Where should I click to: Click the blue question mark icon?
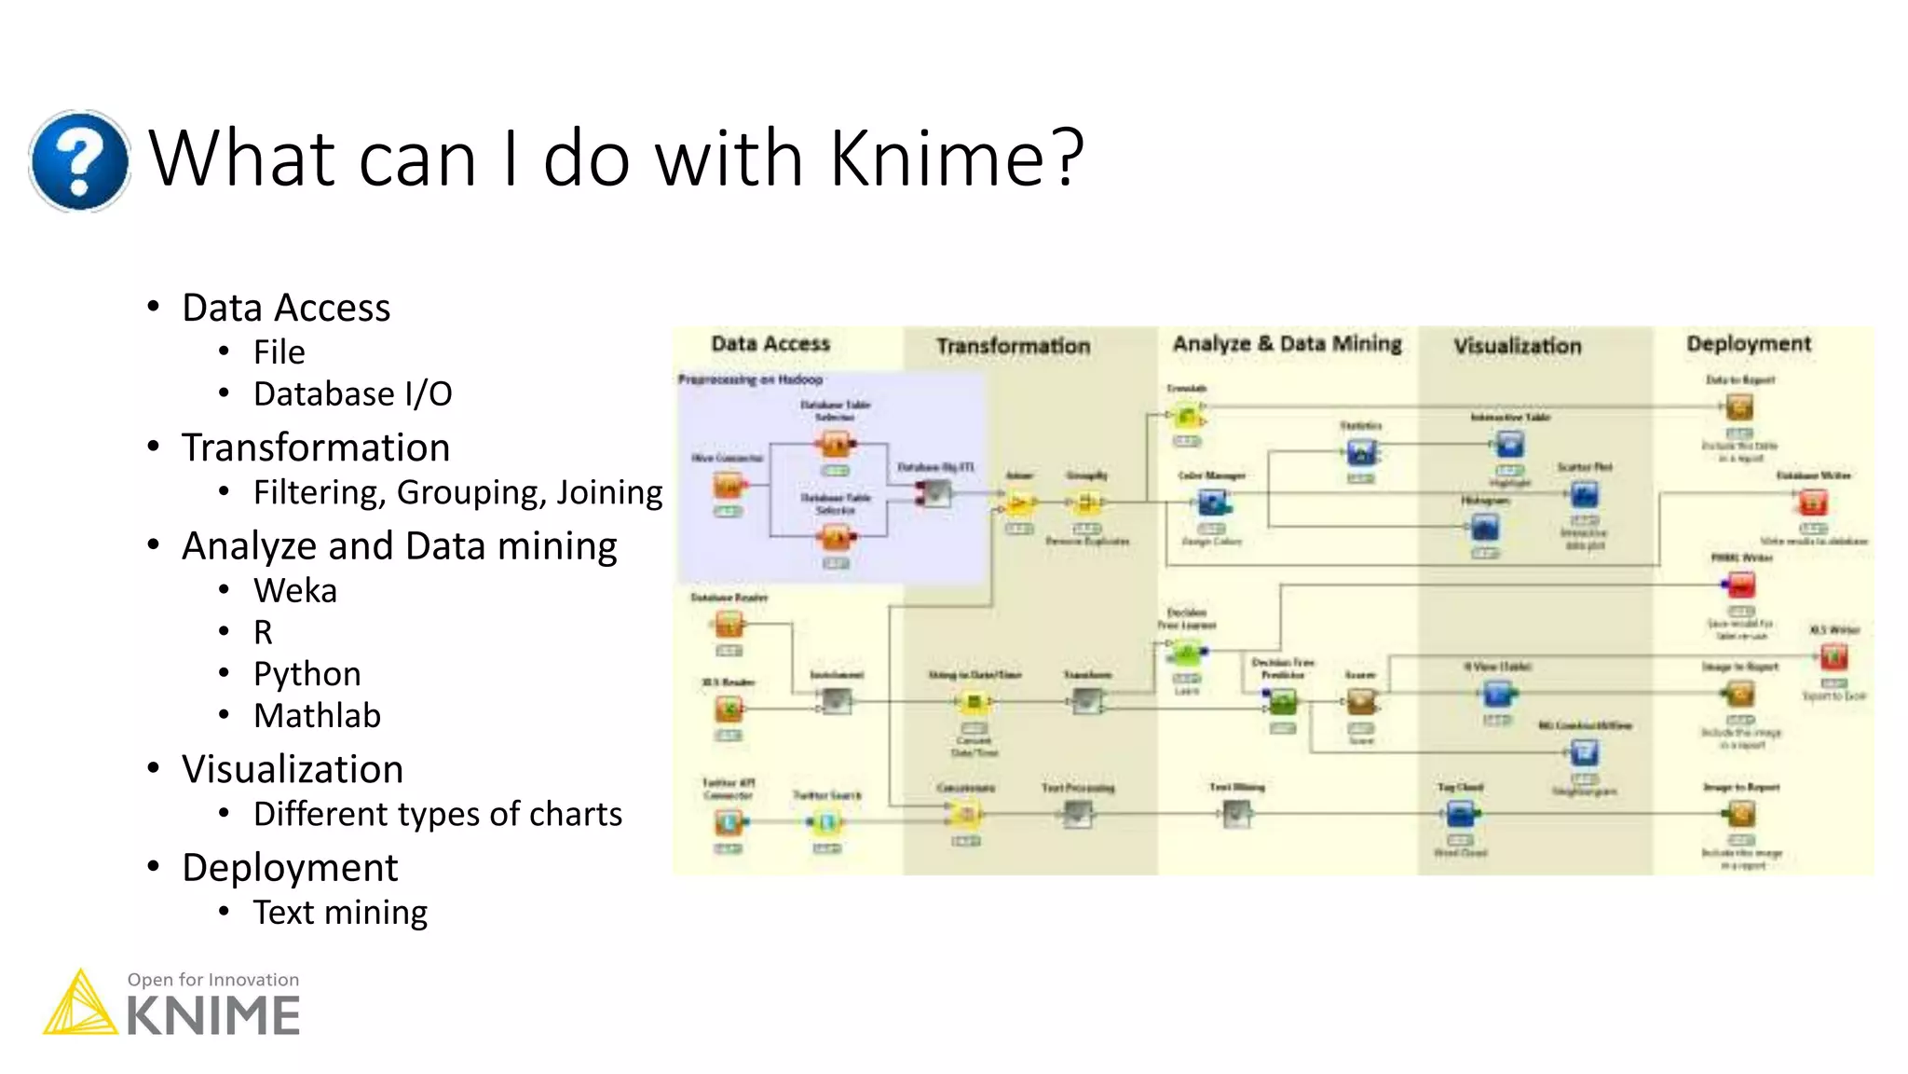pyautogui.click(x=79, y=160)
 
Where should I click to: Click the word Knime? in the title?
pyautogui.click(x=957, y=158)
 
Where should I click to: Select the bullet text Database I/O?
pyautogui.click(x=352, y=394)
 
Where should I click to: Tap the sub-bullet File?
pyautogui.click(x=279, y=352)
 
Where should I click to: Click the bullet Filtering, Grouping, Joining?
pyautogui.click(x=457, y=492)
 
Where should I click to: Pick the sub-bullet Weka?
pyautogui.click(x=294, y=591)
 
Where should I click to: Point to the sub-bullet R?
pyautogui.click(x=263, y=633)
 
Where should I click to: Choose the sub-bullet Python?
pyautogui.click(x=307, y=674)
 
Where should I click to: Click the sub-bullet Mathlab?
pyautogui.click(x=317, y=716)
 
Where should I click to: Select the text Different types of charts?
pyautogui.click(x=437, y=815)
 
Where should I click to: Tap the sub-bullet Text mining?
pyautogui.click(x=340, y=913)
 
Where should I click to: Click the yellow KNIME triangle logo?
pyautogui.click(x=80, y=1005)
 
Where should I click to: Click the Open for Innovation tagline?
pyautogui.click(x=213, y=980)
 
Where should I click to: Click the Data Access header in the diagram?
pyautogui.click(x=770, y=344)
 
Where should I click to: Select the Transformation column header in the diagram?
pyautogui.click(x=1013, y=346)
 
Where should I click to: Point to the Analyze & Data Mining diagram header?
pyautogui.click(x=1287, y=344)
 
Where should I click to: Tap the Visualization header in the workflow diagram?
pyautogui.click(x=1518, y=346)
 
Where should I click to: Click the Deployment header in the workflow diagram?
pyautogui.click(x=1749, y=344)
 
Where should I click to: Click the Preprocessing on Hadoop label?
pyautogui.click(x=750, y=379)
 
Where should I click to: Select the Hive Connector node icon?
pyautogui.click(x=729, y=486)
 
